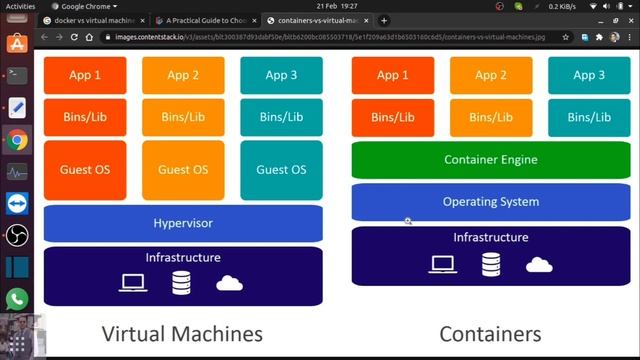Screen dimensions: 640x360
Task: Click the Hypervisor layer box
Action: pos(183,223)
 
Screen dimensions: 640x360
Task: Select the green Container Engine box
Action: pos(490,160)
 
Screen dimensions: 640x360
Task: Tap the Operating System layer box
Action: pos(490,202)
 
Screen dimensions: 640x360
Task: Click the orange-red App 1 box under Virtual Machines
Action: pos(85,75)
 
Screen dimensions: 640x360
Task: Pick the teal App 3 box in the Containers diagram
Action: pos(589,75)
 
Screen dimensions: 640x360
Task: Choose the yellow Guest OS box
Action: pos(183,169)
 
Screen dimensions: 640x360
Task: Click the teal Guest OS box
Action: pos(281,169)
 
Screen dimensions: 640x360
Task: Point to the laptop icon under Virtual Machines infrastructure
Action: pos(134,283)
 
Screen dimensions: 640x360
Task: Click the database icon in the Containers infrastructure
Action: pos(491,264)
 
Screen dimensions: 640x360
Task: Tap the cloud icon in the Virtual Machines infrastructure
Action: pos(230,283)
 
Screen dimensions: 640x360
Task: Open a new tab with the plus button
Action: pos(384,20)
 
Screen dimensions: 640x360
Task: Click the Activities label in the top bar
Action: pos(21,5)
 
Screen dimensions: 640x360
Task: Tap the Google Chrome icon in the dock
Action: pos(17,140)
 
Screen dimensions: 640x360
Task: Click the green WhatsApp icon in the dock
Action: pos(17,298)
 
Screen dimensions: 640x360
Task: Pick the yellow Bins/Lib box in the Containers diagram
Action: pos(490,117)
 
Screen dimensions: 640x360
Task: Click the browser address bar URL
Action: pos(330,37)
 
